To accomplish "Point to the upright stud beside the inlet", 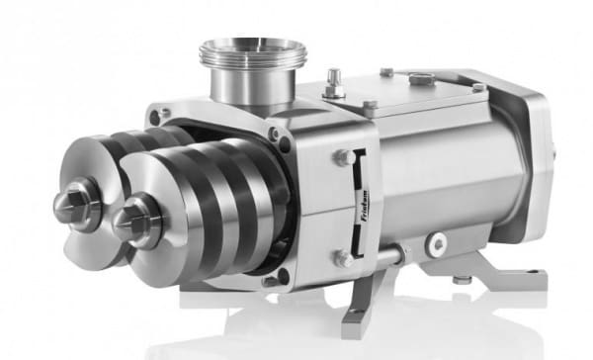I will pos(335,83).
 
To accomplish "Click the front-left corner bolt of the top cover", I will pos(368,105).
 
